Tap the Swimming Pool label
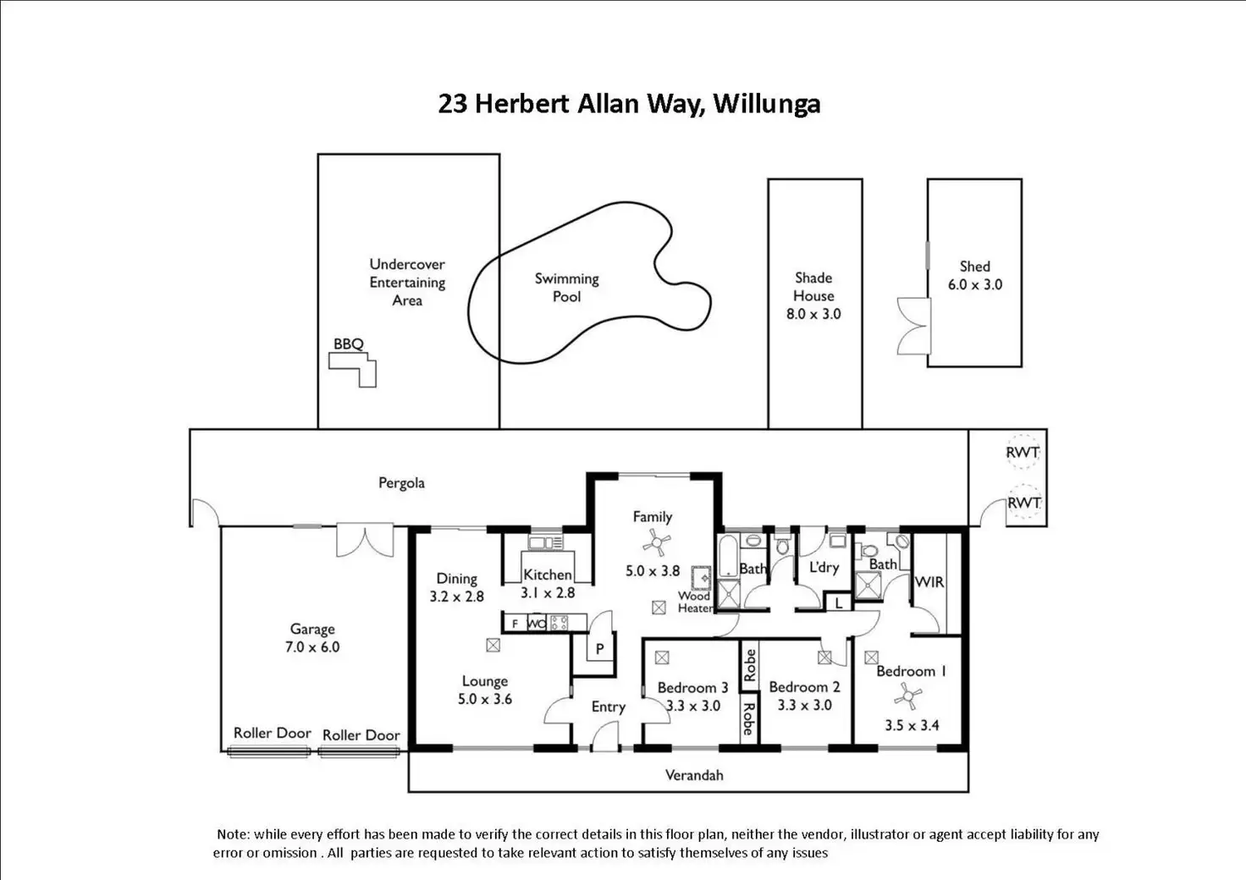[x=567, y=288]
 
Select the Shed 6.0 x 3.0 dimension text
[x=975, y=284]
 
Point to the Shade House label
[x=813, y=286]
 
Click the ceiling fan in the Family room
[x=657, y=542]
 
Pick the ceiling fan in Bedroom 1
[x=907, y=696]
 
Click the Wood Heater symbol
[x=702, y=578]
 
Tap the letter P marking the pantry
[x=599, y=649]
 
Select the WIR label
[x=929, y=582]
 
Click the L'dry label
[x=824, y=567]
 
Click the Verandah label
[x=694, y=775]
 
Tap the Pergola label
[x=401, y=483]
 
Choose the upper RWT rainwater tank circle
[x=1023, y=451]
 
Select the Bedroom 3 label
[x=692, y=688]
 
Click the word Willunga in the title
[x=767, y=105]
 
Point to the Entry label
[x=609, y=707]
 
